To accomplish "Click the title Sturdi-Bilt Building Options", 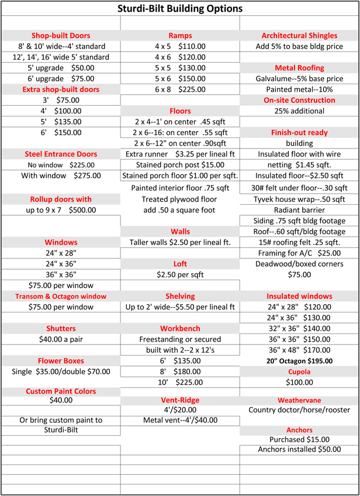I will pos(180,9).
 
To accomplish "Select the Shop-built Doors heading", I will pos(61,36).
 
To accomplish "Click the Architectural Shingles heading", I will pos(299,36).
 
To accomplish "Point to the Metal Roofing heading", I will pos(299,68).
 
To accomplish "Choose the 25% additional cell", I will pos(299,111).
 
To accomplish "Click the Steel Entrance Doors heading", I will pos(61,154).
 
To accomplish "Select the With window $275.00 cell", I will pos(61,175).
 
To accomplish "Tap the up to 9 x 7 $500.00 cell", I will pos(61,209).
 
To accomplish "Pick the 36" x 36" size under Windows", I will pos(61,274).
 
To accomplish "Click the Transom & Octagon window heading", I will pos(61,296).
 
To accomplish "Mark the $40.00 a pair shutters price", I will pos(61,339).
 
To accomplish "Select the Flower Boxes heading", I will pos(61,361).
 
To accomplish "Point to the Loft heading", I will pos(180,264).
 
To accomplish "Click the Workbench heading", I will pos(180,328).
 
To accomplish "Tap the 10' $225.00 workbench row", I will pos(180,383).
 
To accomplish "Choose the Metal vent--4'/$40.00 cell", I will pos(180,420).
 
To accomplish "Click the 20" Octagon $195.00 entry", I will pos(299,361).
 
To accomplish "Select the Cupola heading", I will pos(299,371).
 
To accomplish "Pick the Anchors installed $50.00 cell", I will pos(299,449).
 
